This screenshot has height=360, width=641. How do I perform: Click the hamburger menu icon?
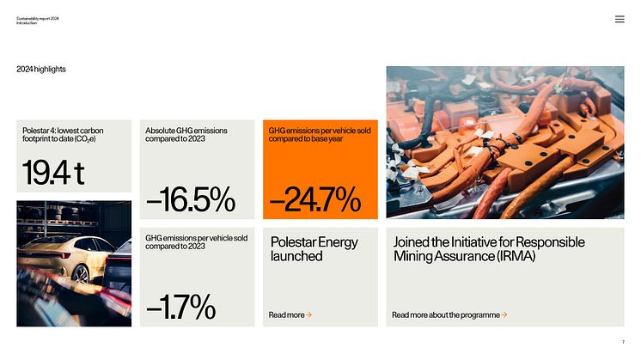pos(620,19)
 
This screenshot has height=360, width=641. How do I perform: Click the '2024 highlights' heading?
pos(41,69)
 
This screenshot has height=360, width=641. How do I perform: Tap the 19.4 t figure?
pos(53,173)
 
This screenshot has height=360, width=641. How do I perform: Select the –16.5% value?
pos(191,199)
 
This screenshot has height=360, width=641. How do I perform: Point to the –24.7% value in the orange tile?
pos(314,199)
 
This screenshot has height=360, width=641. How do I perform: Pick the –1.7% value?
pos(180,307)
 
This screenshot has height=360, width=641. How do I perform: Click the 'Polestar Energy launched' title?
pos(314,249)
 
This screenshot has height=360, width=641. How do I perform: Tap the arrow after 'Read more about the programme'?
pos(504,314)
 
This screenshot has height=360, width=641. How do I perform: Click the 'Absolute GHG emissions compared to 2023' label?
pos(186,134)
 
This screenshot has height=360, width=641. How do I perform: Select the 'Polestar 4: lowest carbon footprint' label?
pos(63,134)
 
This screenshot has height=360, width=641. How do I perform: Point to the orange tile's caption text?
pos(320,134)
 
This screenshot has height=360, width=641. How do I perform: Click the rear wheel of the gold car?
pos(81,273)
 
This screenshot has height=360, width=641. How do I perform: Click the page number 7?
pos(624,342)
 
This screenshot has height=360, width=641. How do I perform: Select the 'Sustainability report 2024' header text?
pos(37,18)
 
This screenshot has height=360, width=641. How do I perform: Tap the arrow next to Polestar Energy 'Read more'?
pos(308,314)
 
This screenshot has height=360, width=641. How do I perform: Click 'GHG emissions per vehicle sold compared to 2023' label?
pos(196,242)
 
